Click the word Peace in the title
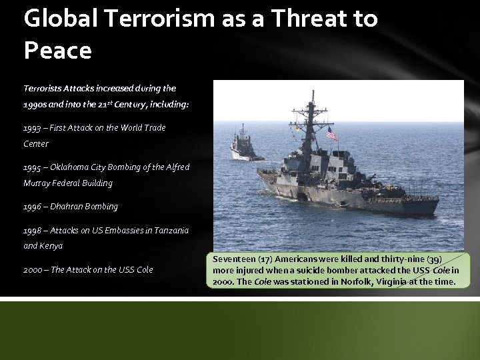[x=57, y=49]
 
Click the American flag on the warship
[x=331, y=135]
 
